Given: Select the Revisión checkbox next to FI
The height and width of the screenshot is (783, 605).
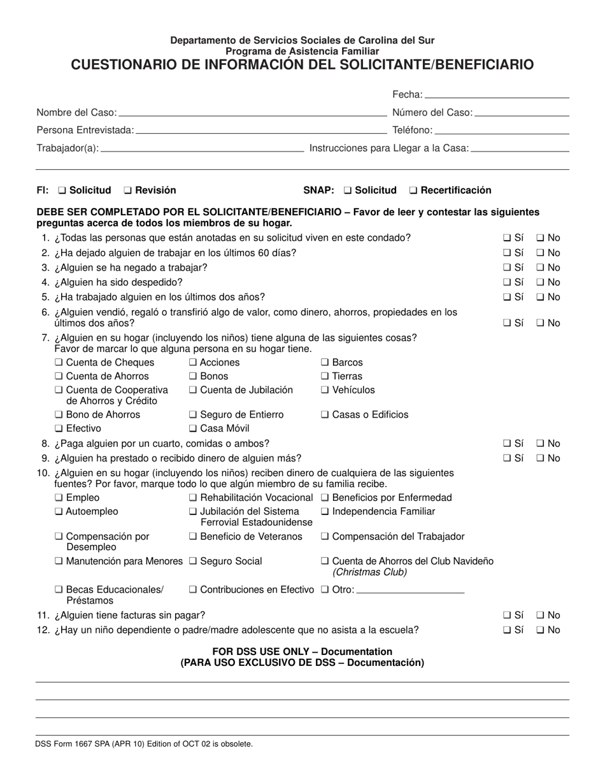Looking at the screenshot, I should (128, 190).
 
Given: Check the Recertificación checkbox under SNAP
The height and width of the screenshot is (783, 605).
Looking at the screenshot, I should (414, 190).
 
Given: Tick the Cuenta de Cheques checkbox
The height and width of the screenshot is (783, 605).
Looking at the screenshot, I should (59, 363).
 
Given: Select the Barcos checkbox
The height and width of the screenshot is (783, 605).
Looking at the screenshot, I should (325, 363).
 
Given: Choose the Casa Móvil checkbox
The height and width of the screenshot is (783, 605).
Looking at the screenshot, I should (194, 429).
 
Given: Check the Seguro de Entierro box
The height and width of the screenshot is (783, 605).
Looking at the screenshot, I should (194, 415).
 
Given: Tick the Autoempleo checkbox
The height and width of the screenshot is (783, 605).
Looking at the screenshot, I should (59, 512).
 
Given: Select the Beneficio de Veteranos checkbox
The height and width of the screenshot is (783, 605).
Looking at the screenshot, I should (194, 537).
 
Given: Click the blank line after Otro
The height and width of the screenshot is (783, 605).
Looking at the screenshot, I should (411, 590).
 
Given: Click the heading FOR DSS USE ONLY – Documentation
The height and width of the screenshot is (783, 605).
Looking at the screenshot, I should (302, 652).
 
